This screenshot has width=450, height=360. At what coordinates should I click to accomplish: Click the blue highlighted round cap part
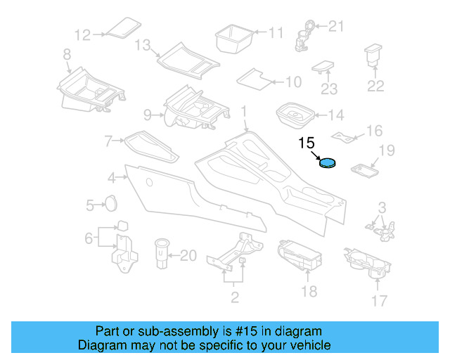[x=328, y=163]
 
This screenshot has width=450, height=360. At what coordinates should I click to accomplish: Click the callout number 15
[x=307, y=143]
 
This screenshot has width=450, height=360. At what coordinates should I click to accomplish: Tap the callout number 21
[x=337, y=27]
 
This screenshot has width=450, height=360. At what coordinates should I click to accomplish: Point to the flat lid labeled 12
[x=122, y=29]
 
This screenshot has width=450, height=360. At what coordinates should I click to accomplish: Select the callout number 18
[x=309, y=292]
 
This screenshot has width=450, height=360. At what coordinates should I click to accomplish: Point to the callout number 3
[x=382, y=207]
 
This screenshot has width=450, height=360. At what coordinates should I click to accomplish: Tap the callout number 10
[x=293, y=82]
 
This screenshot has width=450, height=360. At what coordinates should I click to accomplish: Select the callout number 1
[x=244, y=111]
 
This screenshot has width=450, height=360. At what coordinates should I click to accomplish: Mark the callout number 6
[x=89, y=238]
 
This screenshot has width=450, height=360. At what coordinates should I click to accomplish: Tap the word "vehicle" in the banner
[x=311, y=345]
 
